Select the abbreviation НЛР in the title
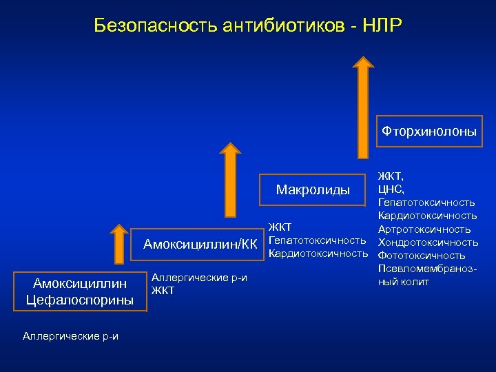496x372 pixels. pos(379,26)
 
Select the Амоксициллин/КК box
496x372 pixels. pos(200,242)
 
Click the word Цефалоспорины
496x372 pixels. pos(79,300)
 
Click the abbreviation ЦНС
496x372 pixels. pos(391,189)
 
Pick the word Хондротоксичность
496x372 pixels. pos(428,242)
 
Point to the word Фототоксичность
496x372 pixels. pos(422,256)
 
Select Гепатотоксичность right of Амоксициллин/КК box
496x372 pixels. pos(317,240)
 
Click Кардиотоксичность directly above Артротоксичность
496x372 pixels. pos(427,216)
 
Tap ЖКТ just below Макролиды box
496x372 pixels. pos(280,227)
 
